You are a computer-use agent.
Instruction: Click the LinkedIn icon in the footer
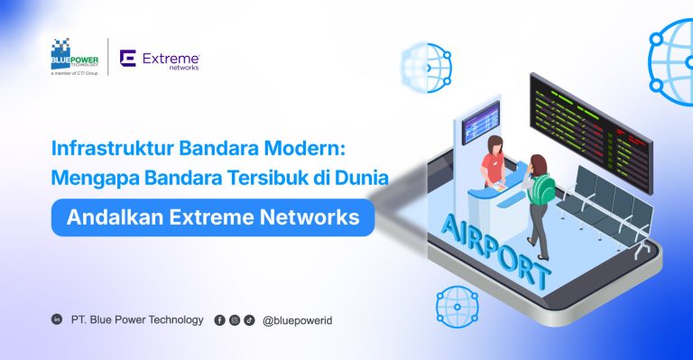coord(58,319)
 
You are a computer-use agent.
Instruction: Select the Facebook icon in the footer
coord(219,319)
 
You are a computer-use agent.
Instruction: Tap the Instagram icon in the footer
coord(235,319)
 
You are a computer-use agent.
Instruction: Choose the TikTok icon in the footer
coord(249,319)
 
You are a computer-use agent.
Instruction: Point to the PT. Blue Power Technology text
coord(137,319)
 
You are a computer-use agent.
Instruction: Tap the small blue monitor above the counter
coord(480,116)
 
